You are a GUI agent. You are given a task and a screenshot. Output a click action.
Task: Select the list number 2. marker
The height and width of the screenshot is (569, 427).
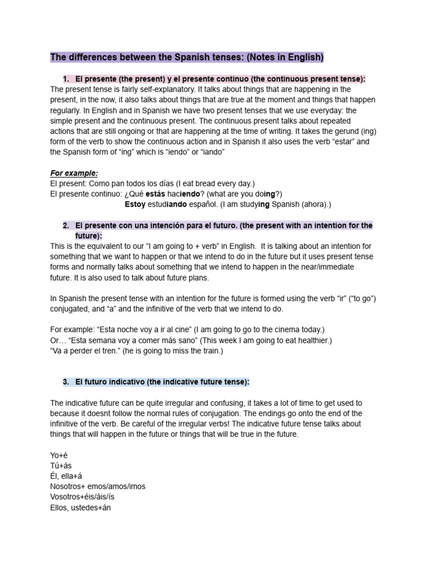[66, 225]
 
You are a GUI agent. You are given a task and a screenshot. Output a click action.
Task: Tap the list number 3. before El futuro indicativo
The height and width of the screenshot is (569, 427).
[66, 382]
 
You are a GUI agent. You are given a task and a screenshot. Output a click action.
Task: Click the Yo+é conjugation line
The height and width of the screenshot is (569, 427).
[58, 455]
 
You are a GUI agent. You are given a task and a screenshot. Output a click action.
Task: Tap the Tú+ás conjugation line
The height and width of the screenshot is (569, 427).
[61, 466]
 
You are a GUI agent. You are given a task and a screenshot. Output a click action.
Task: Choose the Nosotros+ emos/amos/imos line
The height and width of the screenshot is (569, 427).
[97, 486]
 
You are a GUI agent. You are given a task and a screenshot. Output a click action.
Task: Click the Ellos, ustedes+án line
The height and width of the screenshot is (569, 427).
[81, 507]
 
